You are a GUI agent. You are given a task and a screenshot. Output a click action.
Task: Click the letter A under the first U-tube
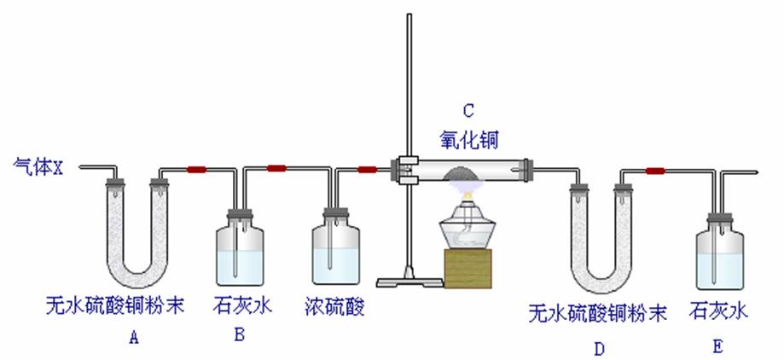[133, 338]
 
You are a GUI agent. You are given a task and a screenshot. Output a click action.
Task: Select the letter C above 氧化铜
[467, 110]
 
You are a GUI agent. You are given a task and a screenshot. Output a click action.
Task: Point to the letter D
[599, 348]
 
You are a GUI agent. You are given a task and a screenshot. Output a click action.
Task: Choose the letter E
[717, 346]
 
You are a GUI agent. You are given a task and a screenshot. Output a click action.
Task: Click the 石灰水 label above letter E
[718, 311]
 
